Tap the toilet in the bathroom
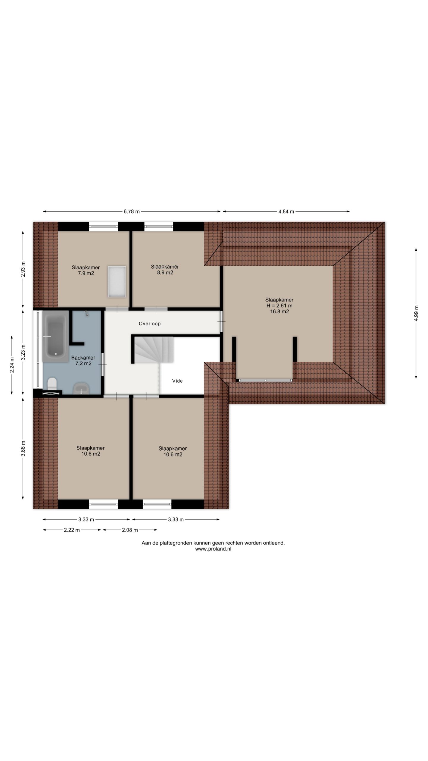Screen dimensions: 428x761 click(x=52, y=384)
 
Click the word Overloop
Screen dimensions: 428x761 click(x=150, y=324)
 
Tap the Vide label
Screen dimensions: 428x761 click(x=177, y=381)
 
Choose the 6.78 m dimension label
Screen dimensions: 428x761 click(x=132, y=212)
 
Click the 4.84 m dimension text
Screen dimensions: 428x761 click(x=286, y=212)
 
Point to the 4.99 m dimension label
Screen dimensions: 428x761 click(x=416, y=313)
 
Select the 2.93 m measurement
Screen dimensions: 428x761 click(x=23, y=269)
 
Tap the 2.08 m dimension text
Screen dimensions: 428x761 click(x=130, y=530)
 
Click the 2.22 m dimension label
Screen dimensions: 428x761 click(x=72, y=530)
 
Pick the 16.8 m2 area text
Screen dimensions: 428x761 click(x=279, y=312)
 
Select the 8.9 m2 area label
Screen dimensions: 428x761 click(x=165, y=273)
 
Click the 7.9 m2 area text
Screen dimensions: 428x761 click(x=86, y=273)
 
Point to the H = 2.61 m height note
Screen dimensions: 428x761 click(x=279, y=306)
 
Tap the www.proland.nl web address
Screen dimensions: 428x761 click(x=213, y=549)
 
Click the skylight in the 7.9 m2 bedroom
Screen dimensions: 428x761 click(x=117, y=282)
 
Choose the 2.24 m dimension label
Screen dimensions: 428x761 click(x=12, y=365)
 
